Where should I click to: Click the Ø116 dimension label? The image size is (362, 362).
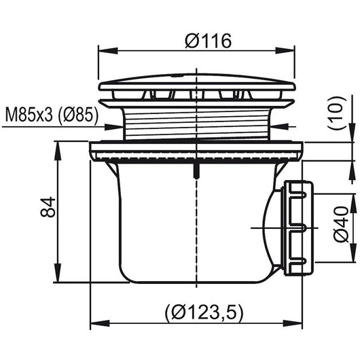[208, 41]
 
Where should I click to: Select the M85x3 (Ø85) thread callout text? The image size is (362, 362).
[52, 115]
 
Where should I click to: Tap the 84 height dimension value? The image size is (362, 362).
[48, 207]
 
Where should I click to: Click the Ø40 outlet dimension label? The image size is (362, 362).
[341, 224]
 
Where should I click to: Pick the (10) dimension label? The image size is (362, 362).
[337, 113]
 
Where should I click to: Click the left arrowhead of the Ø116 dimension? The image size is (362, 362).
[108, 51]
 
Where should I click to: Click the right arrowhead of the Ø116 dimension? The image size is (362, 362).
[285, 51]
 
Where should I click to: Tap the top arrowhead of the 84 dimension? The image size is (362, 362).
[57, 151]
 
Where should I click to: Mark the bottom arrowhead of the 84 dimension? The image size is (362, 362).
[57, 272]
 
